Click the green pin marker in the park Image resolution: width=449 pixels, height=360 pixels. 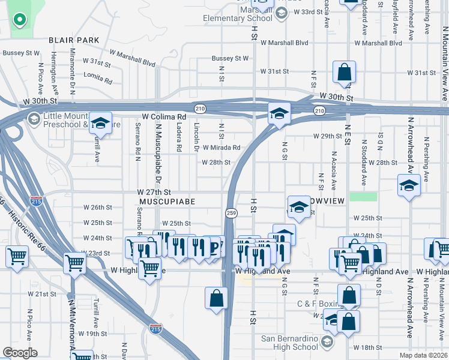(19, 20)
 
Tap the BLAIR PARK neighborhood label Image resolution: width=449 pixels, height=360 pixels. (74, 40)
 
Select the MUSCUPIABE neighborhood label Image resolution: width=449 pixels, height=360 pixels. (167, 202)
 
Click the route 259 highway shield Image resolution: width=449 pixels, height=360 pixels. (231, 213)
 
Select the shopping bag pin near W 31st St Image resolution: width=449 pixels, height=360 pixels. (345, 73)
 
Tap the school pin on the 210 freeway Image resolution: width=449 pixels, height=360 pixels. (279, 113)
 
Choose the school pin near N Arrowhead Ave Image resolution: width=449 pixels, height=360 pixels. (409, 185)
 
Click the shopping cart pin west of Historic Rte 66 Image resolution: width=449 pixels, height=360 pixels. (17, 257)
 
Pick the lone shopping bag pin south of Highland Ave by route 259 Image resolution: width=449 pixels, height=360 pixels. (216, 298)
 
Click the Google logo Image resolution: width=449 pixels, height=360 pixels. (20, 353)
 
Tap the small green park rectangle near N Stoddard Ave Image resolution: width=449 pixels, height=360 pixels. (363, 197)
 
